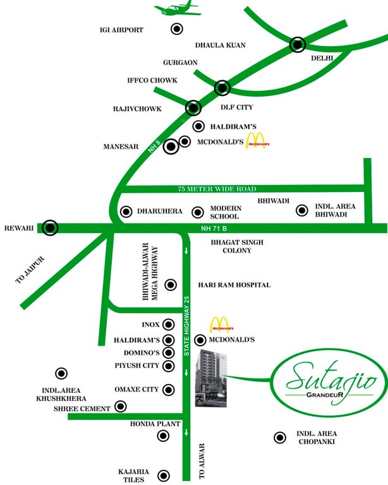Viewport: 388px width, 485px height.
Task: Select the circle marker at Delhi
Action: click(298, 44)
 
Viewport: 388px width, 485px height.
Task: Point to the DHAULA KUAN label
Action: click(220, 45)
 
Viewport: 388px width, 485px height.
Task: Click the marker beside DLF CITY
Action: click(222, 88)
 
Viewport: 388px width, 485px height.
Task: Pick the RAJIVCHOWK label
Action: click(137, 109)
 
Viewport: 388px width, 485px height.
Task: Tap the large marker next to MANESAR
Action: click(171, 147)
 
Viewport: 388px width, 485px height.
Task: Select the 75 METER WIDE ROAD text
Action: click(216, 189)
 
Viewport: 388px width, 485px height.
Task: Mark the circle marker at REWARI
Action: click(50, 227)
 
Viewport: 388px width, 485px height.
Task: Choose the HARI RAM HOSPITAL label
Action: click(234, 285)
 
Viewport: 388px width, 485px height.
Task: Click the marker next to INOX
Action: click(169, 325)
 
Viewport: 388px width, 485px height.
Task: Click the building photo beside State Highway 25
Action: click(210, 378)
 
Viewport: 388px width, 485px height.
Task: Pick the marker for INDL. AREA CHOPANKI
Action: click(278, 437)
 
